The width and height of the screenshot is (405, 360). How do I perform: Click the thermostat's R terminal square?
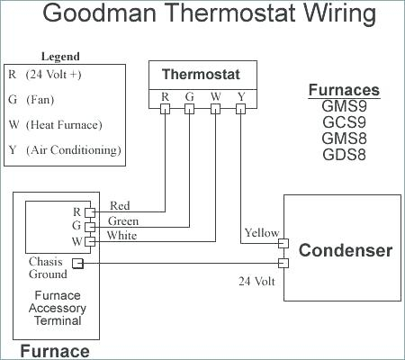[x=165, y=109]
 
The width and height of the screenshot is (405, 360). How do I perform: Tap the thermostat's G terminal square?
[x=189, y=109]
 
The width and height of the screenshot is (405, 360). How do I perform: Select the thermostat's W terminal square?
[x=215, y=109]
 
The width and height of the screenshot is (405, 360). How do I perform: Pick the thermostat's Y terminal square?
[x=240, y=109]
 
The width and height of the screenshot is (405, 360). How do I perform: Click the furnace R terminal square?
[x=90, y=212]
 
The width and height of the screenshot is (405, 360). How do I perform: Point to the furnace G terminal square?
[x=90, y=227]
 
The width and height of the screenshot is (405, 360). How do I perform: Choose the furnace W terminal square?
[x=90, y=241]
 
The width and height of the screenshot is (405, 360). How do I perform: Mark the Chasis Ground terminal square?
[x=77, y=264]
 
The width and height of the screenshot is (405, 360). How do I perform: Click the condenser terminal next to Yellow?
[x=283, y=243]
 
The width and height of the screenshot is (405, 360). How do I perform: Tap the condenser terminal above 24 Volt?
[x=283, y=263]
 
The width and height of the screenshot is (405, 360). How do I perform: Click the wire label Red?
[x=120, y=206]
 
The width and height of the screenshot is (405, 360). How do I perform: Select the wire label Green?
[x=123, y=221]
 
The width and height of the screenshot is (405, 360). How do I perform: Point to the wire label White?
[x=121, y=236]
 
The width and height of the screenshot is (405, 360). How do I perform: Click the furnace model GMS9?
[x=344, y=106]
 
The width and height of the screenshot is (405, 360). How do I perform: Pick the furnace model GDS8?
[x=344, y=155]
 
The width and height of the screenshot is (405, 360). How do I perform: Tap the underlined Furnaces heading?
[x=344, y=90]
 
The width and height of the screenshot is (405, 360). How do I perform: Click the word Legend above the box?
[x=60, y=57]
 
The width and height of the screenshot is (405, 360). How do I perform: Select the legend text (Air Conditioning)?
[x=74, y=150]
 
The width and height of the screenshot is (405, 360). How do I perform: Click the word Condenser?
[x=346, y=250]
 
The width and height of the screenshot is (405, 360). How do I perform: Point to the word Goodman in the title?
[x=100, y=13]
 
